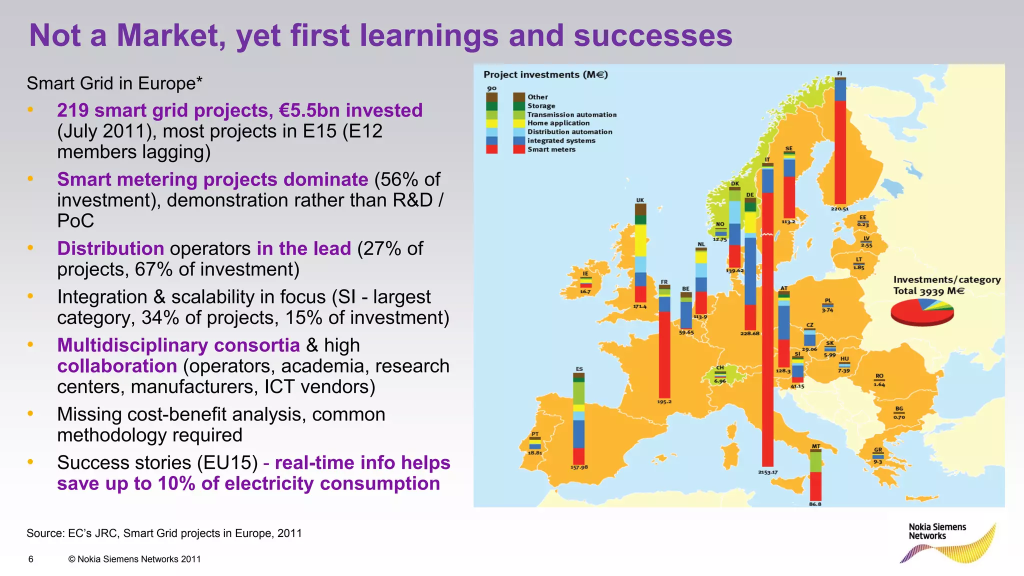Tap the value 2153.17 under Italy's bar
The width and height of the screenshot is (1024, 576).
pos(767,472)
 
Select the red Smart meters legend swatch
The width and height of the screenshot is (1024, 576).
pos(518,149)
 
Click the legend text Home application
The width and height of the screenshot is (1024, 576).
pos(558,123)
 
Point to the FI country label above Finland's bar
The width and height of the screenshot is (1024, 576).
pos(840,73)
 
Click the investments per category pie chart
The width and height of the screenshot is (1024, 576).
pos(922,312)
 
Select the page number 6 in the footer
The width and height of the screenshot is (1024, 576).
pos(31,559)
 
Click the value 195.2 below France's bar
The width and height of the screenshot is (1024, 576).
pos(664,401)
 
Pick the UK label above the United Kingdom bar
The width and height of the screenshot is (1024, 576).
pos(640,200)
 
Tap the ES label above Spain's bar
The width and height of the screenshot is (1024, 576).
pos(579,369)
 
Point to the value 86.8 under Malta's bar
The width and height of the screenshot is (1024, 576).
pos(815,504)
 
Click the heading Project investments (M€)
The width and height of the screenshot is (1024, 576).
pos(545,75)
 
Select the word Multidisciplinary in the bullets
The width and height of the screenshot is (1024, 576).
pos(178,345)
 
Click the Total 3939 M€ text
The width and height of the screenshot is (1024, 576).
pos(928,291)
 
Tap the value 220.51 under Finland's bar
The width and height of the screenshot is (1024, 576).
pos(840,209)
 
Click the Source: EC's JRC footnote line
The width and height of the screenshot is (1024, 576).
pos(164,533)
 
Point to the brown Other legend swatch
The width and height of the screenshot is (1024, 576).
pos(518,97)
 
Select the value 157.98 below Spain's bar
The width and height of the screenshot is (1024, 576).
pos(579,467)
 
